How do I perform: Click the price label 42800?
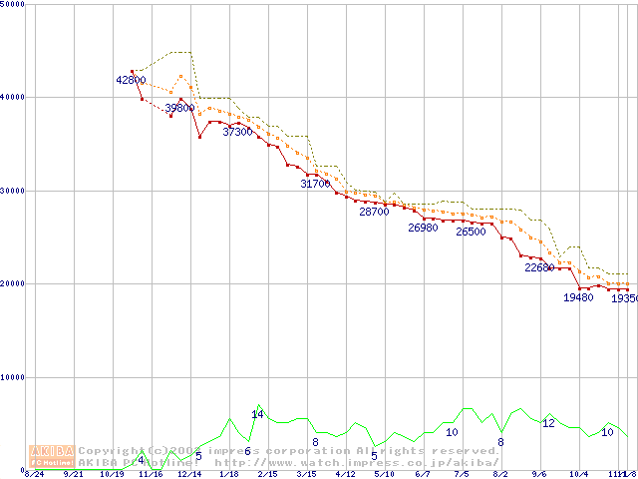131,80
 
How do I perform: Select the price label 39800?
179,107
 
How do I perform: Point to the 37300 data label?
237,132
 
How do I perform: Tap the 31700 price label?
315,184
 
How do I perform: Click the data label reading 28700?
374,212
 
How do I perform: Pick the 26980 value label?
423,228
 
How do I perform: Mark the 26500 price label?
471,232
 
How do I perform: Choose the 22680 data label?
539,267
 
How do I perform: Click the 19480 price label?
578,296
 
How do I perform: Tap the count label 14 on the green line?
257,414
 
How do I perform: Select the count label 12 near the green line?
548,423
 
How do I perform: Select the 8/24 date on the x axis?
34,474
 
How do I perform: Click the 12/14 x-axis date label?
189,474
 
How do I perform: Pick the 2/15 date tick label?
267,474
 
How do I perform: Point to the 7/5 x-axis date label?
462,474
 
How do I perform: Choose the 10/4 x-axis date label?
578,474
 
